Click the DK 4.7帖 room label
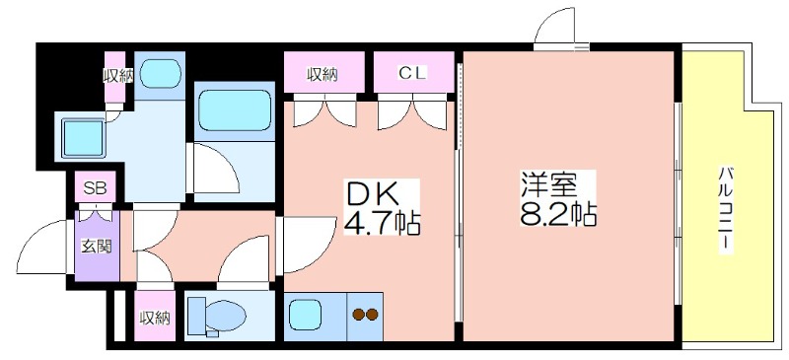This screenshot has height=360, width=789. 381,207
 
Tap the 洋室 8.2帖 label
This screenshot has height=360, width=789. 557,199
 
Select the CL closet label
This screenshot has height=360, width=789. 412,74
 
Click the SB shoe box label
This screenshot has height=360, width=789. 95,187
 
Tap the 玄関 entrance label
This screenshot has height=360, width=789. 97,247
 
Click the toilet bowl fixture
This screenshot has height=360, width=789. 217,316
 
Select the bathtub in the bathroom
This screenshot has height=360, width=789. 235,110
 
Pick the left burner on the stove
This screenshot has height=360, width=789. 359,315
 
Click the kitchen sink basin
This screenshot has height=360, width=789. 307,315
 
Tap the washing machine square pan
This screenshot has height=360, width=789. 82,137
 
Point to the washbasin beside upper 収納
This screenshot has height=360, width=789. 160,74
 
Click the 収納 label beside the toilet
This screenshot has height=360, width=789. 155,318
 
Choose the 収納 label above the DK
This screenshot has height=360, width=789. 323,75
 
